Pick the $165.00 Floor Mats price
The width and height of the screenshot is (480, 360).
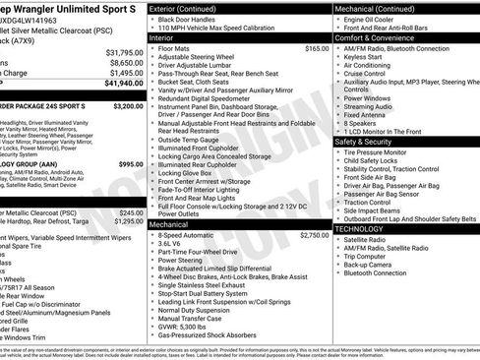click(316, 48)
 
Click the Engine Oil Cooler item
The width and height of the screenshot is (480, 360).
click(370, 19)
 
